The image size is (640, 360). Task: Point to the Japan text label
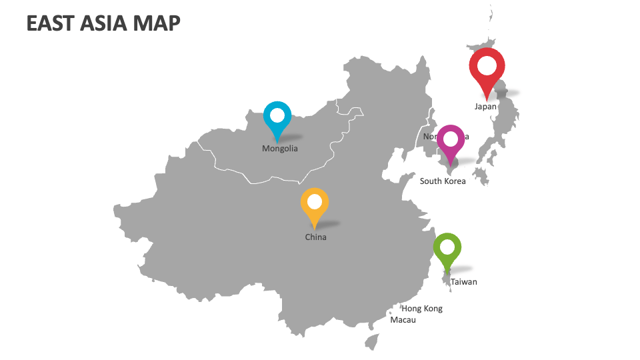[x=485, y=106]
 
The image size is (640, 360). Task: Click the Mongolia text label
[x=280, y=149]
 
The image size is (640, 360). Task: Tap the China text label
[x=316, y=237]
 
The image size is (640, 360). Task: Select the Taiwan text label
[x=464, y=282]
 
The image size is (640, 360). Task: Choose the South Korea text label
[x=443, y=181]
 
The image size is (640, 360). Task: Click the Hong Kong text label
[x=422, y=309]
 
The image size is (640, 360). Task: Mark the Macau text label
[x=403, y=320]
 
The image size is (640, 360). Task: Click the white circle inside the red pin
[x=487, y=66]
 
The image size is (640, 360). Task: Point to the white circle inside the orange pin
[x=315, y=202]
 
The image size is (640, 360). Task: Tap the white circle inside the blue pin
[x=277, y=115]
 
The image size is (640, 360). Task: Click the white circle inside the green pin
[x=447, y=247]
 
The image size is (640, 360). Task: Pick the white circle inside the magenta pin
[x=451, y=139]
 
